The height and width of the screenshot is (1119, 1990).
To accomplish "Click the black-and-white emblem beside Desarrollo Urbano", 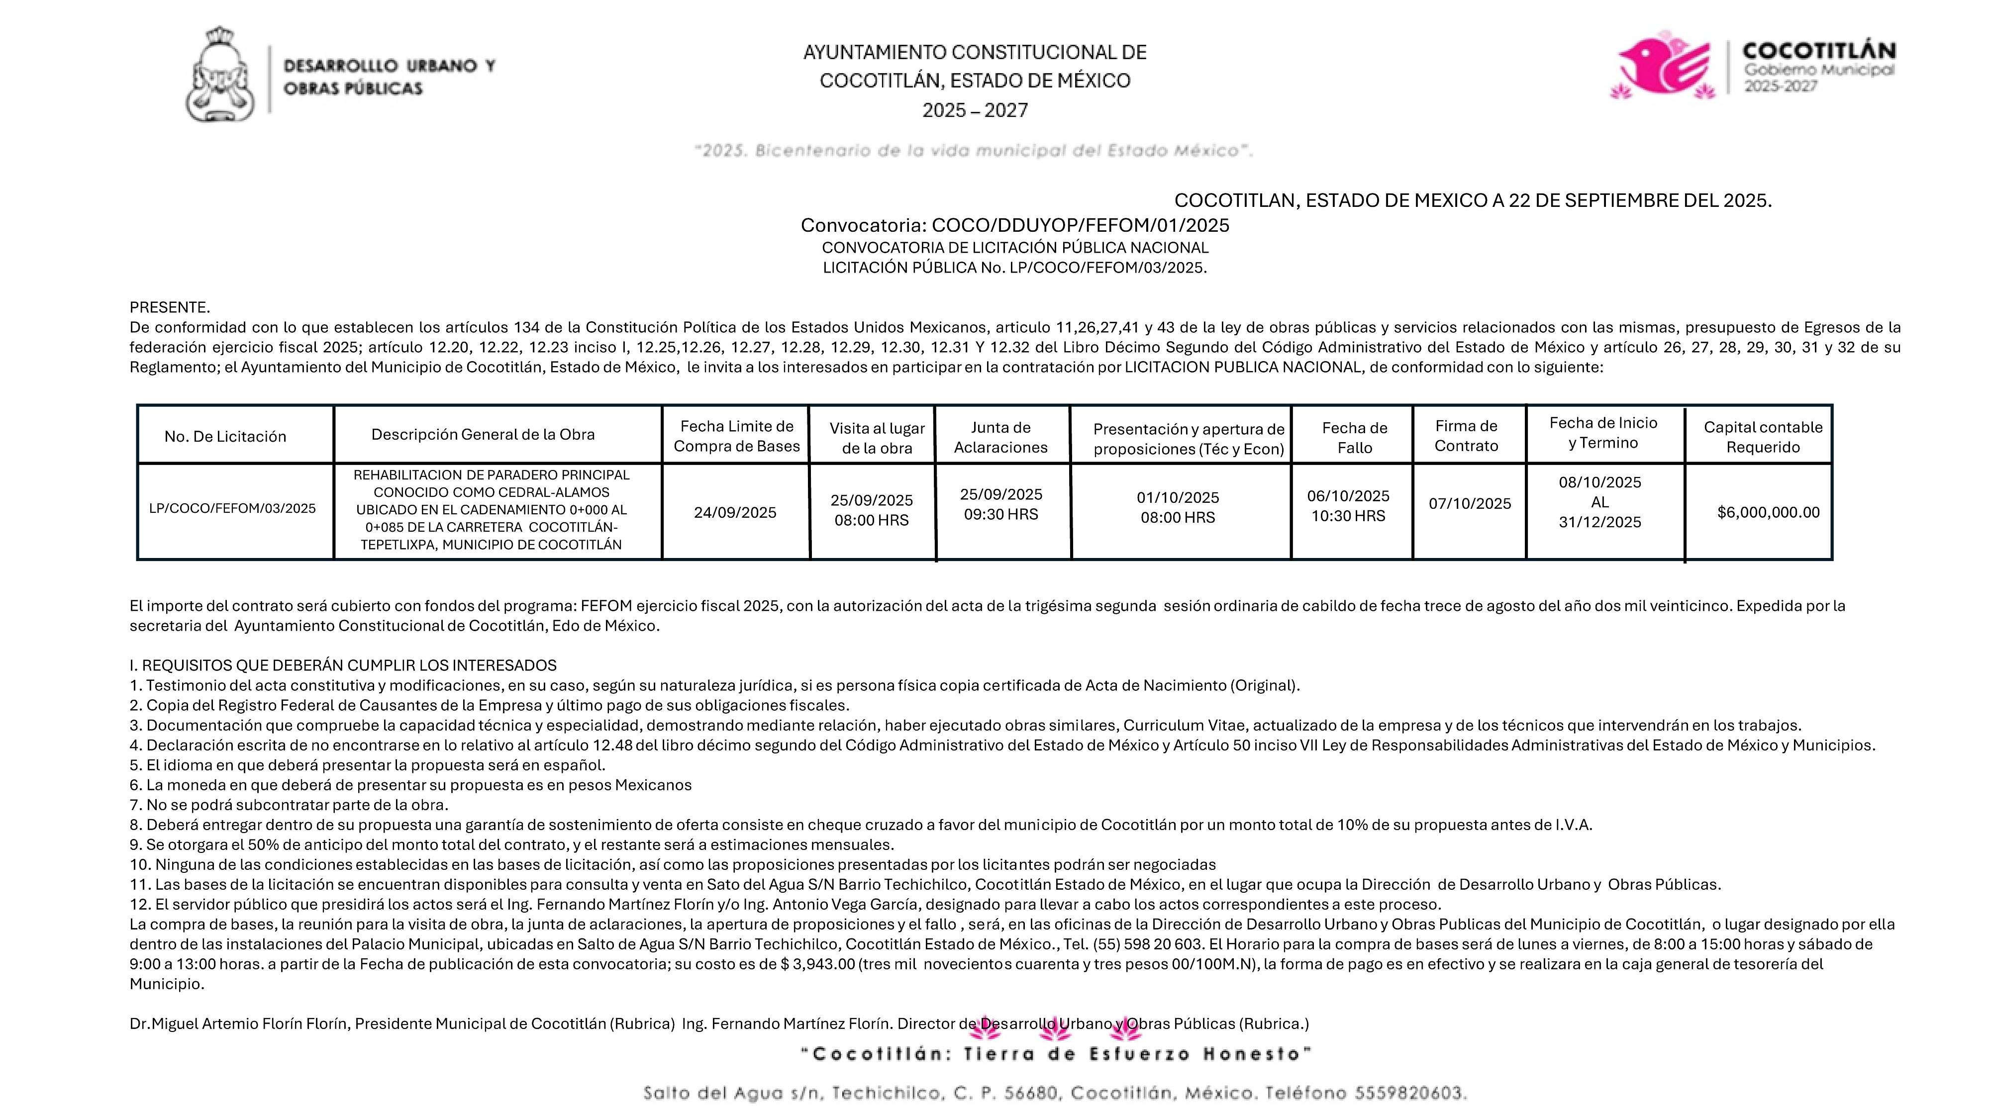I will click(220, 75).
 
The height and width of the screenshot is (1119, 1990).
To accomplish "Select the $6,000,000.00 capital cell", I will click(1768, 512).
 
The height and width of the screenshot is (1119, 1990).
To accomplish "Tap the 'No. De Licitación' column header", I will click(225, 436).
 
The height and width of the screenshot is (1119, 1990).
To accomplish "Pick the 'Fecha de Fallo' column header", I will click(1354, 437).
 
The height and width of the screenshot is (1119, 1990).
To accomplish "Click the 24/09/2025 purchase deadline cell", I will click(735, 513).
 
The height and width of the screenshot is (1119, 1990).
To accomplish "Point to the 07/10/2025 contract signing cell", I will click(1469, 503).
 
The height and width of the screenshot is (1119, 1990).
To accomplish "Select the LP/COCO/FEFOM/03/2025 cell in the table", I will click(232, 508).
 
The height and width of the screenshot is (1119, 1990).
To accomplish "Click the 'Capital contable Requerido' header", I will click(1762, 437).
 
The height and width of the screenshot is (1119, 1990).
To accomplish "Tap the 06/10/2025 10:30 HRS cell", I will click(1348, 506).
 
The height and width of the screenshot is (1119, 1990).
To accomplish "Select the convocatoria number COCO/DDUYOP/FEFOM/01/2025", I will click(1080, 225).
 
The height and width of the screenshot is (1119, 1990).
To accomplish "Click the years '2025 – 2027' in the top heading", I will click(975, 110).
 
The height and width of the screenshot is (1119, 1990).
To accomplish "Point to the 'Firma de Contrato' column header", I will click(1466, 436).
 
